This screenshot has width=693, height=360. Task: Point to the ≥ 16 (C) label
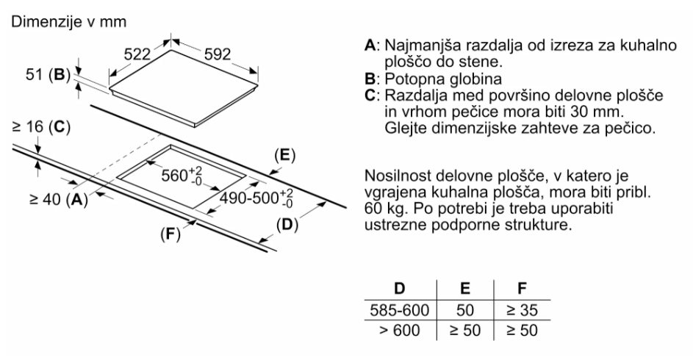pyautogui.click(x=41, y=127)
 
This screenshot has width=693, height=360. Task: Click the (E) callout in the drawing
pyautogui.click(x=284, y=155)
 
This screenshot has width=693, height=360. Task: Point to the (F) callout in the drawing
pyautogui.click(x=170, y=233)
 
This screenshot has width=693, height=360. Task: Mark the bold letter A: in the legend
pyautogui.click(x=372, y=45)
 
